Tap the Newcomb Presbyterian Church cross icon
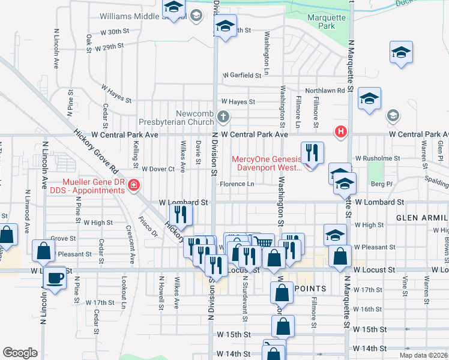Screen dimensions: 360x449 point(223,116)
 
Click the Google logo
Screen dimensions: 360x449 point(20,353)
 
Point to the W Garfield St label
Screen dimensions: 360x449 point(246,76)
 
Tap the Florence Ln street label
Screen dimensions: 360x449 point(238,184)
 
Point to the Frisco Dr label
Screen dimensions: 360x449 point(148,226)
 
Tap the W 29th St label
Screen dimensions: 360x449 point(108,46)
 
